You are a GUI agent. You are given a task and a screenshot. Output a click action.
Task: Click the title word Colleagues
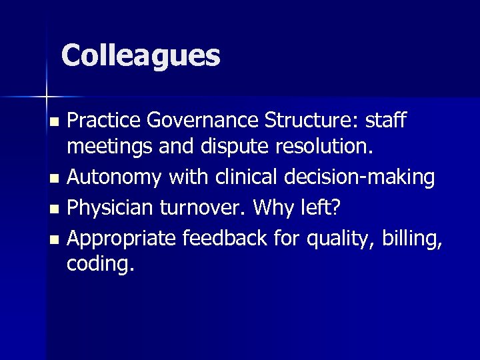(141, 56)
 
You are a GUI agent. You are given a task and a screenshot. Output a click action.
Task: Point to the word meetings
(110, 150)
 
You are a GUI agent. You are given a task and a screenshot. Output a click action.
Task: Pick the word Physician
(109, 207)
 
